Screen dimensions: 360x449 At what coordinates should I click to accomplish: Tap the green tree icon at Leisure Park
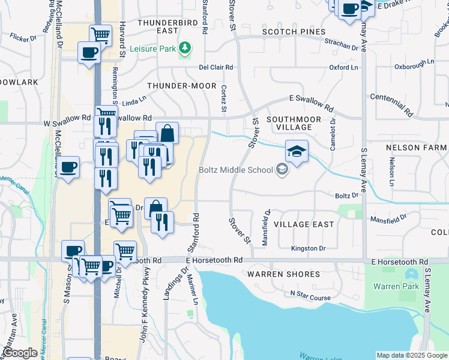(x=186, y=47)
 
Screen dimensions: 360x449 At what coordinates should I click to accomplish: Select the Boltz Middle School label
(x=236, y=170)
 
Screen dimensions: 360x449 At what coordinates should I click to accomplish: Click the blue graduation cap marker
(x=297, y=151)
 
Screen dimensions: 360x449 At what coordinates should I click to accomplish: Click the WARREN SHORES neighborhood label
(x=284, y=274)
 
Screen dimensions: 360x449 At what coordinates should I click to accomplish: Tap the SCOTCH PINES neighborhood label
(x=294, y=32)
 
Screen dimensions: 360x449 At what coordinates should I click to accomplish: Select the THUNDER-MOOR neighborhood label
(x=181, y=86)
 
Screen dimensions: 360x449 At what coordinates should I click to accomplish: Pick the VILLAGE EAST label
(x=304, y=224)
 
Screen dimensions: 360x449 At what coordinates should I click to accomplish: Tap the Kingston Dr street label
(x=308, y=248)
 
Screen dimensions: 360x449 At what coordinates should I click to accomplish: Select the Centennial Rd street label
(x=392, y=104)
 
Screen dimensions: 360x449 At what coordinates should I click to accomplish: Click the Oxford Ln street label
(x=343, y=68)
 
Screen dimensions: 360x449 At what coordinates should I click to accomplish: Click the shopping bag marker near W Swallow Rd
(x=167, y=133)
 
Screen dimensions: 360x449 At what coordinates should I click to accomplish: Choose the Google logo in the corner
(x=20, y=353)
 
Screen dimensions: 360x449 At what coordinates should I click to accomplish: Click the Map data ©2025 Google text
(x=412, y=355)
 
